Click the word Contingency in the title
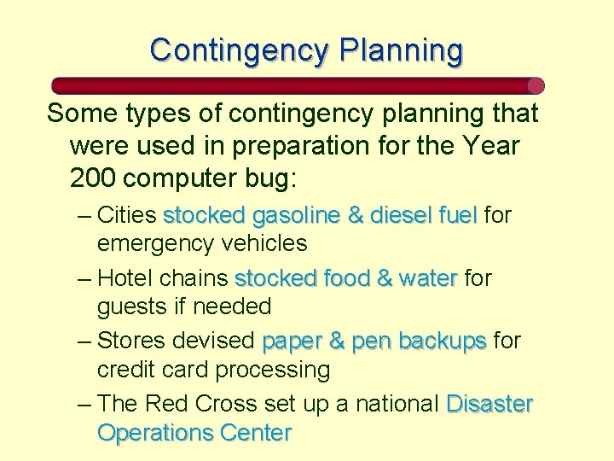[239, 50]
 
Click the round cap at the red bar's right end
[536, 85]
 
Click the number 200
[93, 178]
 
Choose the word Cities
[127, 215]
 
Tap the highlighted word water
[427, 278]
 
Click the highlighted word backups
[443, 341]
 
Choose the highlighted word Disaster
[489, 404]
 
